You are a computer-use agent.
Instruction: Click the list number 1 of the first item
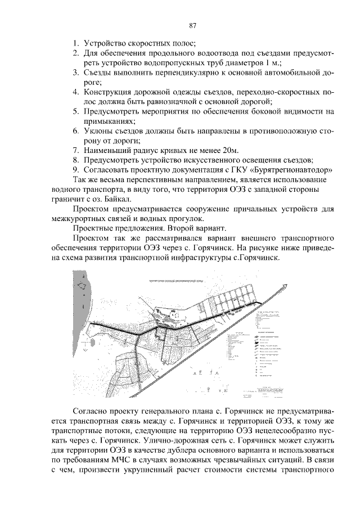pyautogui.click(x=75, y=43)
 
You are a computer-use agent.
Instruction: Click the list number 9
pyautogui.click(x=75, y=169)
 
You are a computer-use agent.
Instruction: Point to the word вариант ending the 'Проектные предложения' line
pyautogui.click(x=210, y=229)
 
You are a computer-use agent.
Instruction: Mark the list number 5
pyautogui.click(x=75, y=111)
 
